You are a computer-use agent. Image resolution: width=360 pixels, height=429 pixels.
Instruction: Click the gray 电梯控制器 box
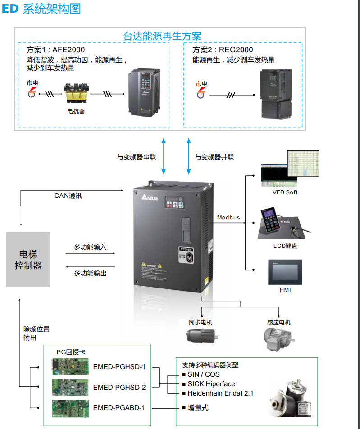point(27,260)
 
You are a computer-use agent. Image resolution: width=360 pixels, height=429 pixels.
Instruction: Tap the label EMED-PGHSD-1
point(119,366)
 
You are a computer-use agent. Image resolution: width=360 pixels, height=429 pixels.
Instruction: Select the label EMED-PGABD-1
point(119,408)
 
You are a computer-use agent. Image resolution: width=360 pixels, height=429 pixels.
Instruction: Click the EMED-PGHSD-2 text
point(119,387)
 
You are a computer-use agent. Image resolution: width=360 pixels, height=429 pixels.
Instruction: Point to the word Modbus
point(228,218)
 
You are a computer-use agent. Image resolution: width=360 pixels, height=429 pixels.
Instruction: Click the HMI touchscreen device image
point(285,272)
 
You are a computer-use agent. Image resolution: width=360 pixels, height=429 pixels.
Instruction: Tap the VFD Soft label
point(285,192)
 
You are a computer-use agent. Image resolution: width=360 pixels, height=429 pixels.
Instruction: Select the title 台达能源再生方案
point(162,37)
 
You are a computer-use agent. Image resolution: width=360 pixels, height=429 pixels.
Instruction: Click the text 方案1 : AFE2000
point(55,50)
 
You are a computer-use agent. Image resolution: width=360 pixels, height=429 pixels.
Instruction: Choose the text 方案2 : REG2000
point(223,50)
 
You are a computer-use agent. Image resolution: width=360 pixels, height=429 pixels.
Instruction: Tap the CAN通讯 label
point(68,196)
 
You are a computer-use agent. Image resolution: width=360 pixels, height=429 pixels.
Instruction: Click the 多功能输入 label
point(90,247)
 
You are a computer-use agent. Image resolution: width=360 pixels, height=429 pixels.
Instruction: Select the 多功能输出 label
point(90,274)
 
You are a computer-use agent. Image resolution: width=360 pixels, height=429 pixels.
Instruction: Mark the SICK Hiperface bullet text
point(211,384)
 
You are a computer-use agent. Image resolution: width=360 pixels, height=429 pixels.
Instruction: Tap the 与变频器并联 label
point(214,157)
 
